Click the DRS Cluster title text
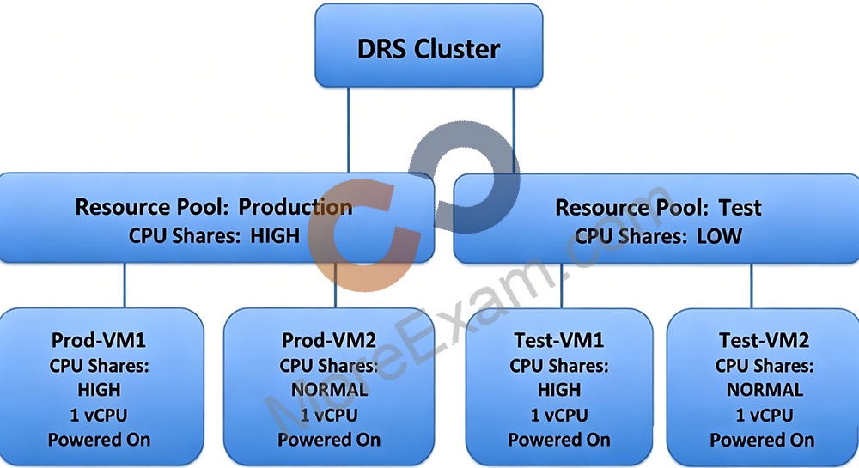pos(429,49)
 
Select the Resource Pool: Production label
pos(214,207)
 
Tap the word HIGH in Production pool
pos(275,236)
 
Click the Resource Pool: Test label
pos(658,208)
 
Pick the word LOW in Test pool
pos(719,236)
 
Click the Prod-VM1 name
pos(99,340)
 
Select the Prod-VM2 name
pos(329,340)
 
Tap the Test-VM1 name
pos(559,340)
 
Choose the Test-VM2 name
pos(765,340)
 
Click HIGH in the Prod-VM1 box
pos(99,390)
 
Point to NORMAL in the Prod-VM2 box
pos(329,390)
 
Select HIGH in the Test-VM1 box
pos(559,390)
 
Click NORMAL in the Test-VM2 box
pos(765,390)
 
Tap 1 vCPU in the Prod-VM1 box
pos(99,415)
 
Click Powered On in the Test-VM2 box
pos(762,440)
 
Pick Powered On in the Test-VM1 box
pos(559,440)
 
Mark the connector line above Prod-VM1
pos(125,285)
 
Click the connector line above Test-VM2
pos(752,286)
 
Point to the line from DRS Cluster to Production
pos(349,130)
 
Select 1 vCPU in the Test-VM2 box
pos(765,415)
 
